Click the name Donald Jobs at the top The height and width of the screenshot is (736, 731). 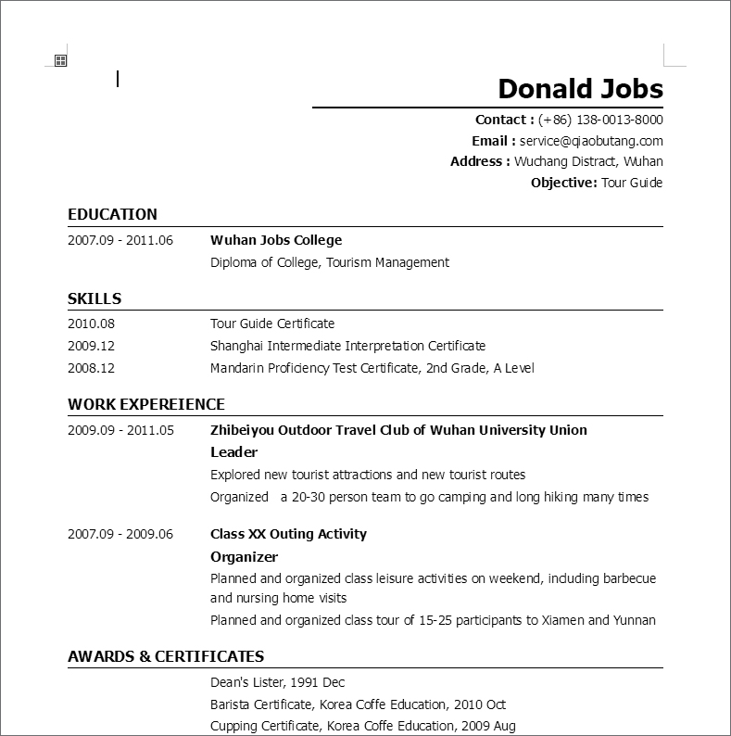pyautogui.click(x=580, y=88)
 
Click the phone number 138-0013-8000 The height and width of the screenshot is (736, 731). pyautogui.click(x=620, y=120)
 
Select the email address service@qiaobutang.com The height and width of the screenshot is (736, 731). pyautogui.click(x=591, y=141)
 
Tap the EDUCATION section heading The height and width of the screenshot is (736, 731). pyautogui.click(x=112, y=214)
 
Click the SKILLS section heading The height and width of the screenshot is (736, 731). pyautogui.click(x=95, y=298)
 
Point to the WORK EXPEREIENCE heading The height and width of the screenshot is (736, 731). pyautogui.click(x=146, y=404)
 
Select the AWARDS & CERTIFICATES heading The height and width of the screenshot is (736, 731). pyautogui.click(x=166, y=656)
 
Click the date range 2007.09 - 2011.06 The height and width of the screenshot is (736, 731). pyautogui.click(x=120, y=240)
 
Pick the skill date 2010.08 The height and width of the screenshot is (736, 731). pyautogui.click(x=91, y=324)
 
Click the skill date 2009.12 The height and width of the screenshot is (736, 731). pyautogui.click(x=91, y=346)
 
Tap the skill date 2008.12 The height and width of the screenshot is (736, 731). pyautogui.click(x=91, y=368)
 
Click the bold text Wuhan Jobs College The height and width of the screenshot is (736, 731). pyautogui.click(x=276, y=240)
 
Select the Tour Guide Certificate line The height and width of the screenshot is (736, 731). pyautogui.click(x=272, y=324)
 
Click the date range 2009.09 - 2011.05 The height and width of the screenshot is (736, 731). pyautogui.click(x=120, y=430)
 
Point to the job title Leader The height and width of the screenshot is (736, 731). pyautogui.click(x=233, y=452)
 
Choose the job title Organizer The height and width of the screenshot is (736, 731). pyautogui.click(x=244, y=557)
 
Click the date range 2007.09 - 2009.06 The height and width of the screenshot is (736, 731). pyautogui.click(x=120, y=534)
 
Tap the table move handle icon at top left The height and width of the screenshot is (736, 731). pyautogui.click(x=60, y=60)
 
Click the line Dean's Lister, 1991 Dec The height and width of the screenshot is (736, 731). pyautogui.click(x=277, y=682)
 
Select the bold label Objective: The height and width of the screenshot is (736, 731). pyautogui.click(x=563, y=183)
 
